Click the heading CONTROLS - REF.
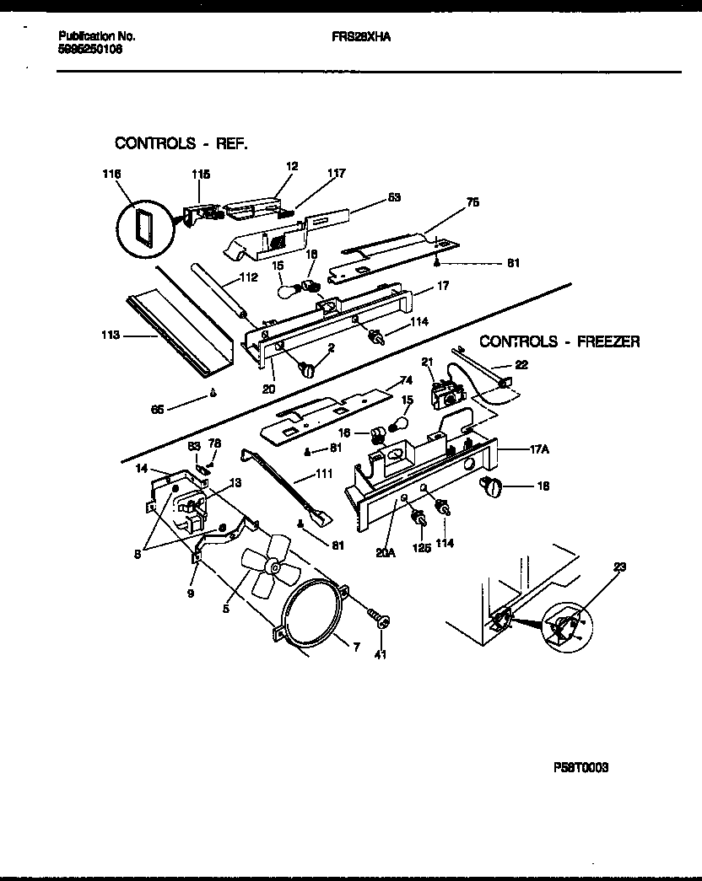(181, 143)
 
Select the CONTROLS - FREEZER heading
(559, 341)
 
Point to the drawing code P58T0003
(580, 767)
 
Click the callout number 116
(112, 174)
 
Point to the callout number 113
(111, 334)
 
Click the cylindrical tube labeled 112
(222, 291)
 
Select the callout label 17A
(539, 449)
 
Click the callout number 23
(620, 567)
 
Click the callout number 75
(473, 202)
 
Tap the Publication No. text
(97, 37)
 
